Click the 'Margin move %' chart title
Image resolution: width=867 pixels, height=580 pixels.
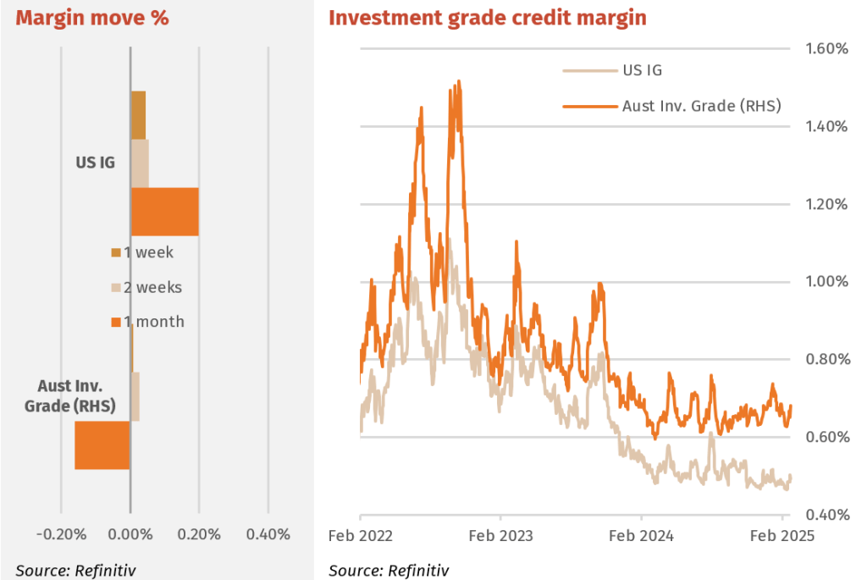tap(91, 17)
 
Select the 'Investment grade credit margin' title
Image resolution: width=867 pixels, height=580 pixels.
tap(487, 17)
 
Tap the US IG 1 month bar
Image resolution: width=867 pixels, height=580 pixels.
tap(164, 212)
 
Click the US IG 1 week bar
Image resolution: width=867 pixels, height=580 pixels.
tap(138, 115)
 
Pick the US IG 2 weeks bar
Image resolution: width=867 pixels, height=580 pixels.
tap(140, 163)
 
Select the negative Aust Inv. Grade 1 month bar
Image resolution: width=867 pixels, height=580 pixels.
tap(102, 445)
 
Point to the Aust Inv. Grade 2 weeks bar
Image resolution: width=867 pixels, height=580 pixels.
tap(135, 396)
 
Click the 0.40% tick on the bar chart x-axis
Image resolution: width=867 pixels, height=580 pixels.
tap(268, 534)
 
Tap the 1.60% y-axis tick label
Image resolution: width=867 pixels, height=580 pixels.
tap(826, 49)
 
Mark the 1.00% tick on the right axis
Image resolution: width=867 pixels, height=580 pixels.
tap(826, 282)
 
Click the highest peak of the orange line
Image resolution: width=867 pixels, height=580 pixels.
tap(458, 82)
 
